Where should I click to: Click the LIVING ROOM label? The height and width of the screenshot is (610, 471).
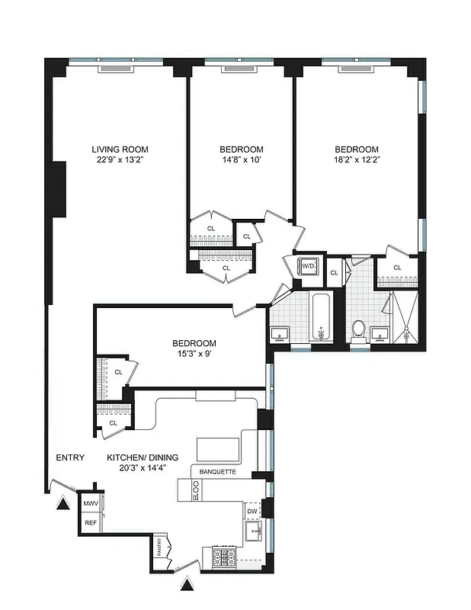120,149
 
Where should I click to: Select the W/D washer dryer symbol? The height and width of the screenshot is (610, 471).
309,266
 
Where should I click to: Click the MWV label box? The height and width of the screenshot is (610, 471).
91,505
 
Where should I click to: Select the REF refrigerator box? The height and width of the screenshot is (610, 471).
91,523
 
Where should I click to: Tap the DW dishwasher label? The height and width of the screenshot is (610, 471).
252,512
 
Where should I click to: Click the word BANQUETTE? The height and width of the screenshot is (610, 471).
217,472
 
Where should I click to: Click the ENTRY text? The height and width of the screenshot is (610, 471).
70,457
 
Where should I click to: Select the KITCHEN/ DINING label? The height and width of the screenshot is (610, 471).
136,457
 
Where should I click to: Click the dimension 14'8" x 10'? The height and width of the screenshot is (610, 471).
242,161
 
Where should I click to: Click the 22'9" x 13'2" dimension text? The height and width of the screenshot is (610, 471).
120,161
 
